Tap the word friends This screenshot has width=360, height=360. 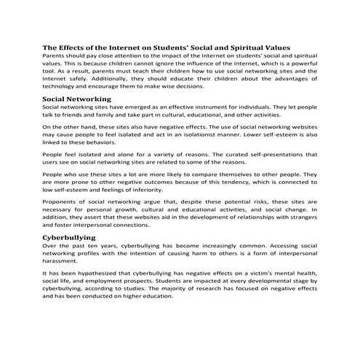81,114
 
